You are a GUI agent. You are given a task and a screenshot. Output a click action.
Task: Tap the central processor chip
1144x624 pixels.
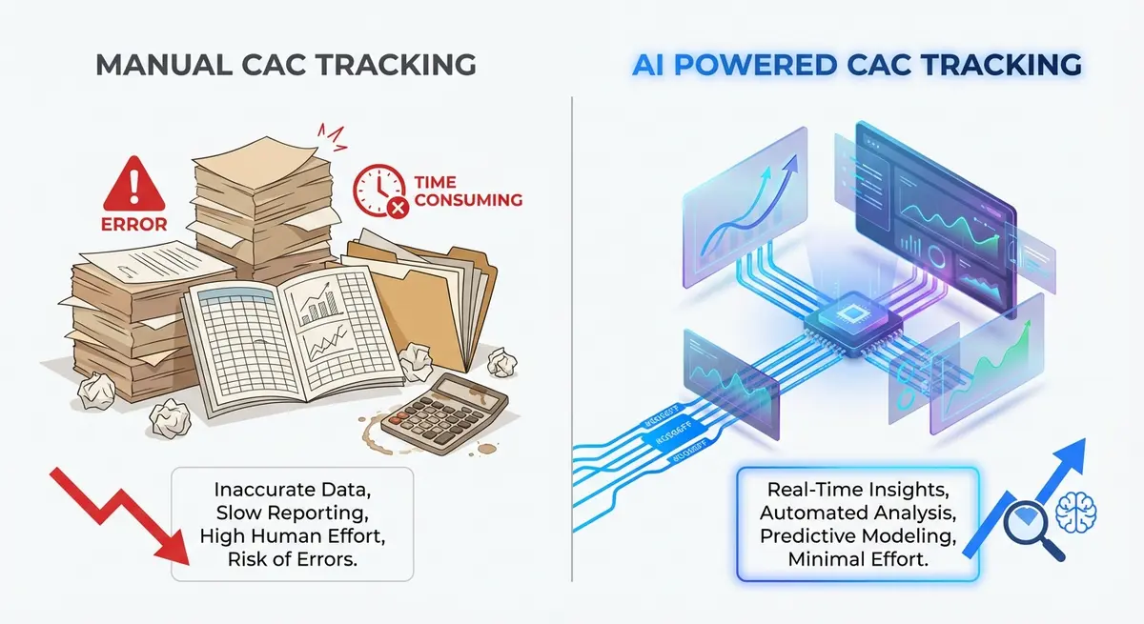[828, 324]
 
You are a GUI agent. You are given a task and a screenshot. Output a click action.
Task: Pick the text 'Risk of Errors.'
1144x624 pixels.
[293, 559]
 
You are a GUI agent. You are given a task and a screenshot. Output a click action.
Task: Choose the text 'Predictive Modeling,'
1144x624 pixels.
[859, 536]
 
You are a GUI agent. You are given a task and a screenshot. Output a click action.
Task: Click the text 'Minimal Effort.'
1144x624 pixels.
[859, 559]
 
